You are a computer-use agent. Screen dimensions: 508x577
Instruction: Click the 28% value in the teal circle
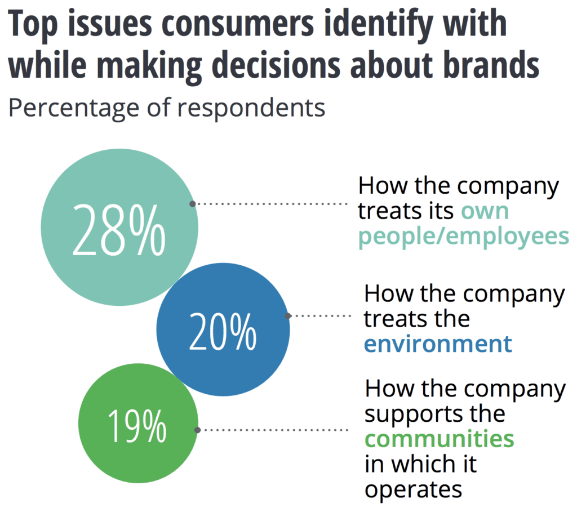(119, 229)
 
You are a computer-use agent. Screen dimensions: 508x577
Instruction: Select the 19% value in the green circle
(137, 426)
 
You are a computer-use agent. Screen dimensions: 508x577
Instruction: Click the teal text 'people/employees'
(464, 236)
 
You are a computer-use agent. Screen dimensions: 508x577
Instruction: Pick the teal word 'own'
(485, 211)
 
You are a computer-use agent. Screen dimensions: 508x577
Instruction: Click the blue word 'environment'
(438, 343)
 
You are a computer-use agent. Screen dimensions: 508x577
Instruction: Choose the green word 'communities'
(439, 438)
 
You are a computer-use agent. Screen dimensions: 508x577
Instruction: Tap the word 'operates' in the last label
(413, 489)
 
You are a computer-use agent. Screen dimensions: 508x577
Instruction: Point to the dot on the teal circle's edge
(193, 204)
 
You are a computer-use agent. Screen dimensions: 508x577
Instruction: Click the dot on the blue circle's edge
(288, 316)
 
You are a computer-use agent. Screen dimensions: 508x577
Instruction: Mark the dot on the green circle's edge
(197, 430)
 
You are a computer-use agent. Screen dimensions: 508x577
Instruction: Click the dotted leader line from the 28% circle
(270, 204)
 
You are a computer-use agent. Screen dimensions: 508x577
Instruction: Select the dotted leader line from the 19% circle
(273, 430)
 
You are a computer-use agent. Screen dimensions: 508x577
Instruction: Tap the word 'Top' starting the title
(33, 25)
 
